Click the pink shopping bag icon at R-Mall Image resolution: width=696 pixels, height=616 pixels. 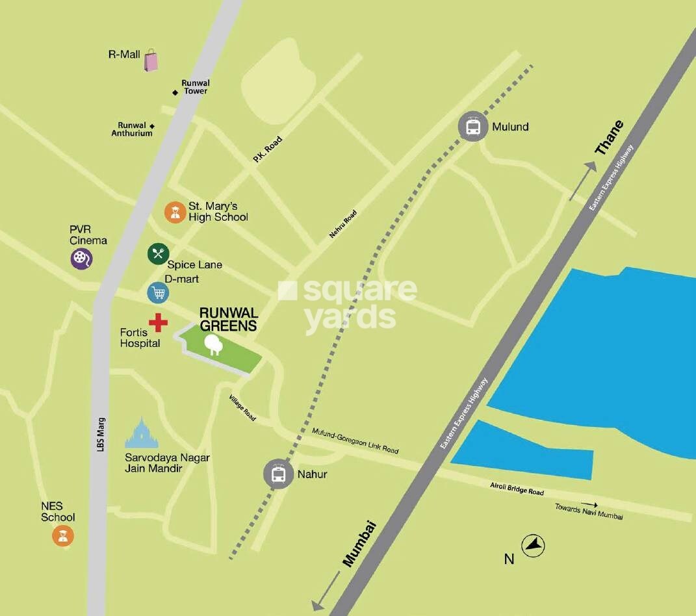click(x=151, y=60)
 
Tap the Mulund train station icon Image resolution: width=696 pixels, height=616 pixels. click(x=472, y=127)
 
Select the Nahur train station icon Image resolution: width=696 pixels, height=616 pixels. click(x=278, y=474)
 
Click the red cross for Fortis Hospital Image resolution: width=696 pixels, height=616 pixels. click(x=158, y=322)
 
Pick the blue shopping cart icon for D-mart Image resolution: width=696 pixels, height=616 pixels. click(x=158, y=292)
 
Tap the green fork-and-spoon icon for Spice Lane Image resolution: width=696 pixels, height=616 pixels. click(x=158, y=253)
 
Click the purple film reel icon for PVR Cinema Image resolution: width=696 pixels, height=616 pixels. click(x=81, y=259)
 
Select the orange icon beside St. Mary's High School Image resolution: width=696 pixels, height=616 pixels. click(x=175, y=212)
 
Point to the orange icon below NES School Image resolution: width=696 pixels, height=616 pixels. click(x=63, y=535)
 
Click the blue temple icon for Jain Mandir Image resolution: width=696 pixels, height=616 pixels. click(x=142, y=433)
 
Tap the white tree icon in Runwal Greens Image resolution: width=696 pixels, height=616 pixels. click(x=213, y=344)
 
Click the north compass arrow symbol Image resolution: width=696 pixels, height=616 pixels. click(x=534, y=546)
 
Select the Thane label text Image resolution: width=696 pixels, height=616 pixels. click(x=609, y=138)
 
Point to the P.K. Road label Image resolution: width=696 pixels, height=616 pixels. click(x=268, y=149)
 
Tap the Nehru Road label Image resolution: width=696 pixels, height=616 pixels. click(x=343, y=224)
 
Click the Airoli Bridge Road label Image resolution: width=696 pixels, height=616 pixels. click(x=517, y=488)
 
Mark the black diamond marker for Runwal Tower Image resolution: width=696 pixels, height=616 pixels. click(x=175, y=92)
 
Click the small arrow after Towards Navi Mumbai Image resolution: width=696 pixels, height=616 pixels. click(x=589, y=504)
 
